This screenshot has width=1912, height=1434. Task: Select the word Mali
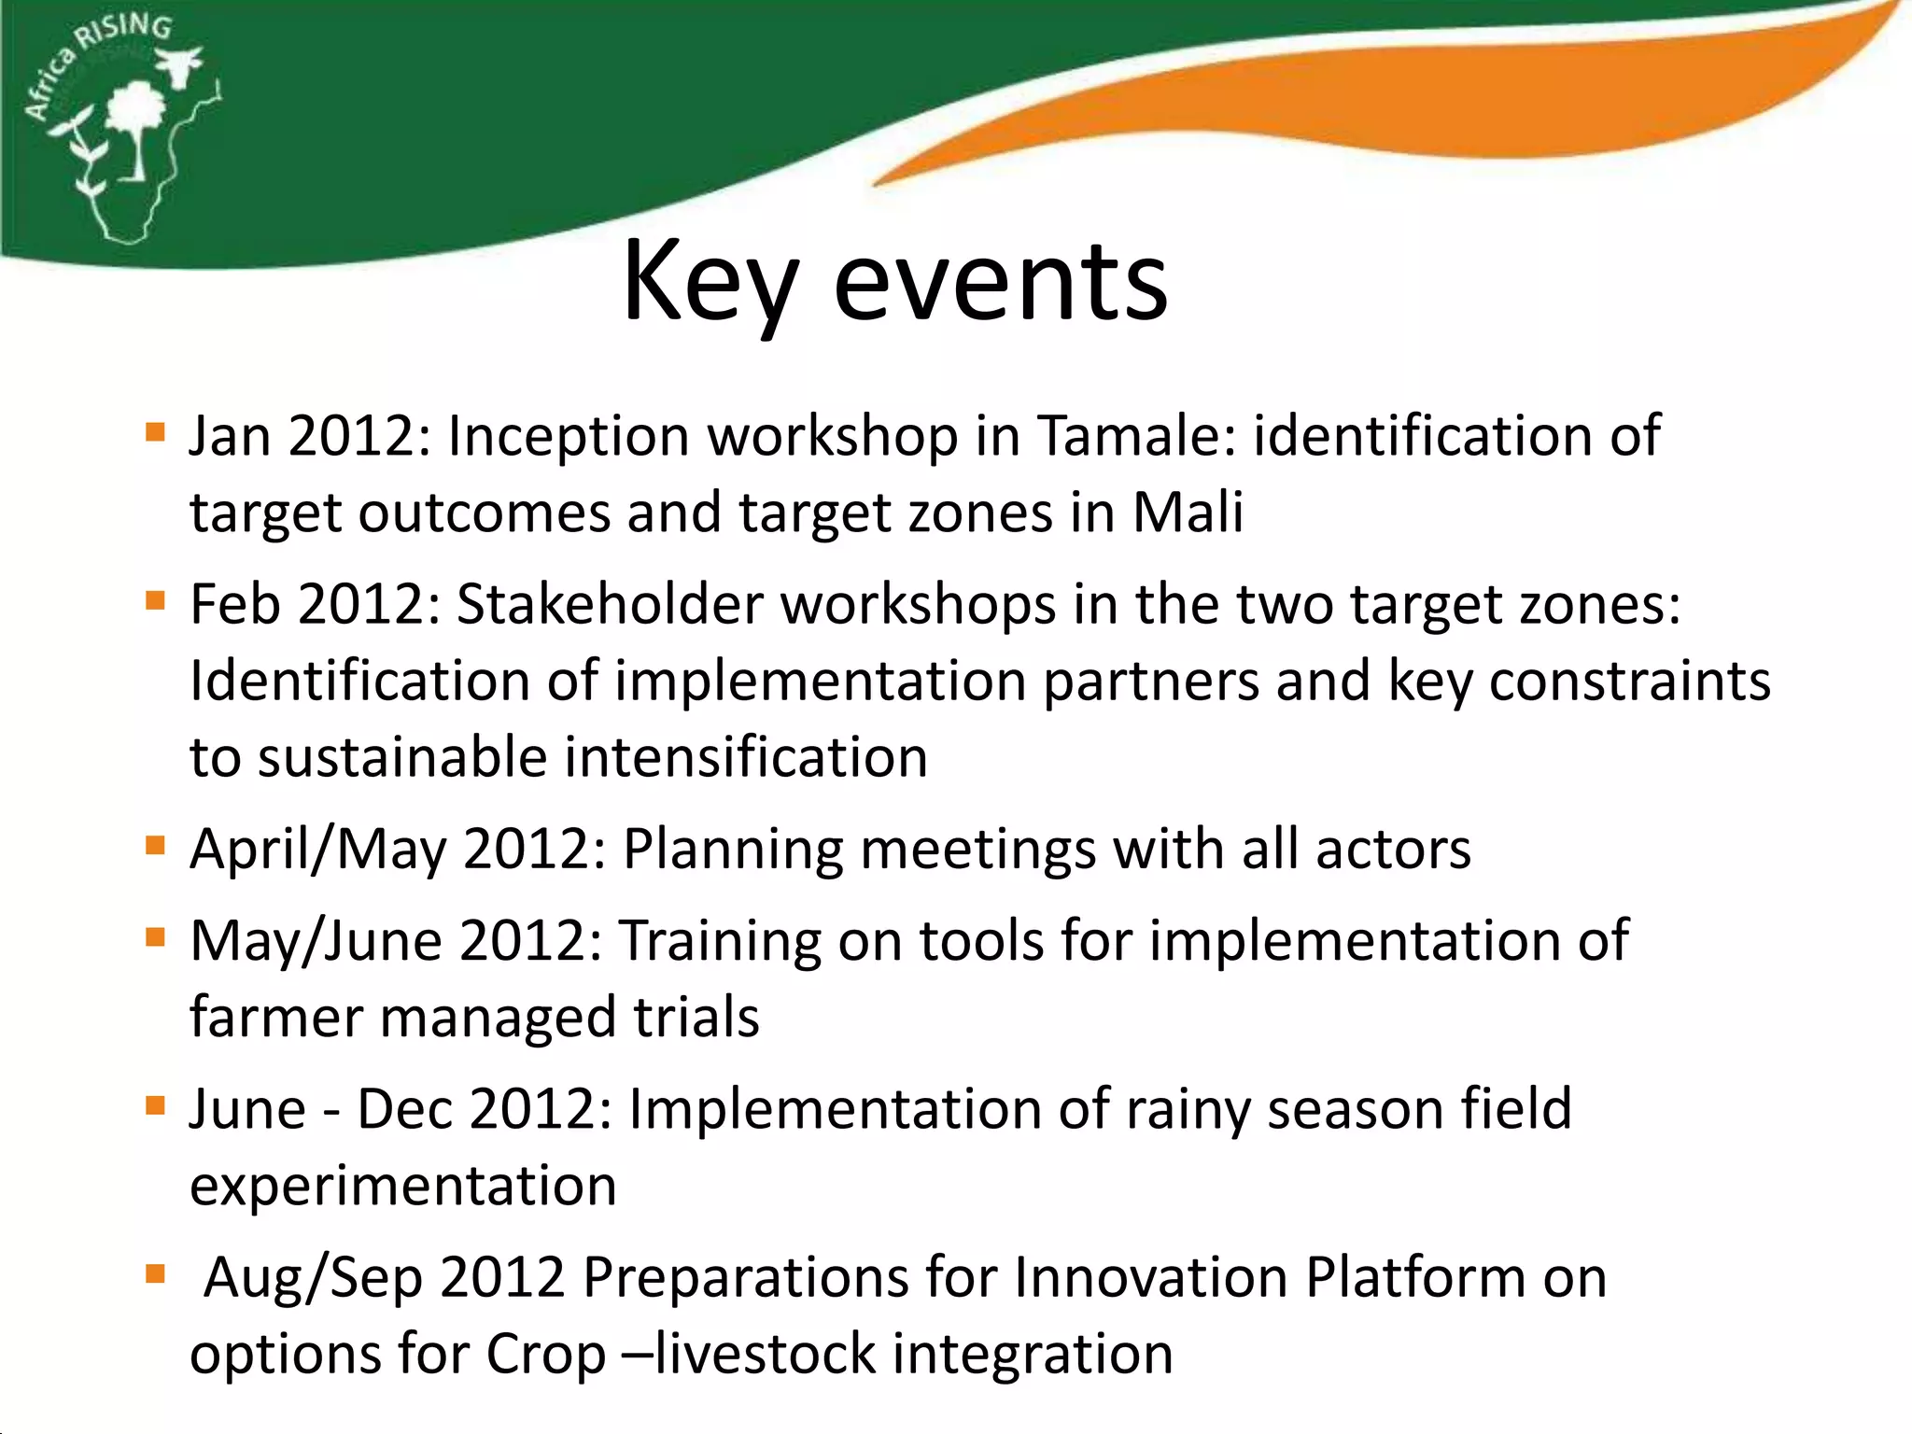[1188, 513]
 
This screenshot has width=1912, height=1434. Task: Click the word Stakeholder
[609, 604]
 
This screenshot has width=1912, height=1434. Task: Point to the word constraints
[1629, 681]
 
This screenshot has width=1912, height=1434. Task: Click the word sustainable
[403, 757]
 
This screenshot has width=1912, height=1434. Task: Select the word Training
[720, 941]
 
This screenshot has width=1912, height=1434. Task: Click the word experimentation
[403, 1187]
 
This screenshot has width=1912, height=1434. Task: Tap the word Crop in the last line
[545, 1355]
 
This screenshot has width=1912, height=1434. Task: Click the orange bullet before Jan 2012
[155, 433]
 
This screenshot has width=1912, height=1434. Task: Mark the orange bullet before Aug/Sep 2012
[155, 1274]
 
